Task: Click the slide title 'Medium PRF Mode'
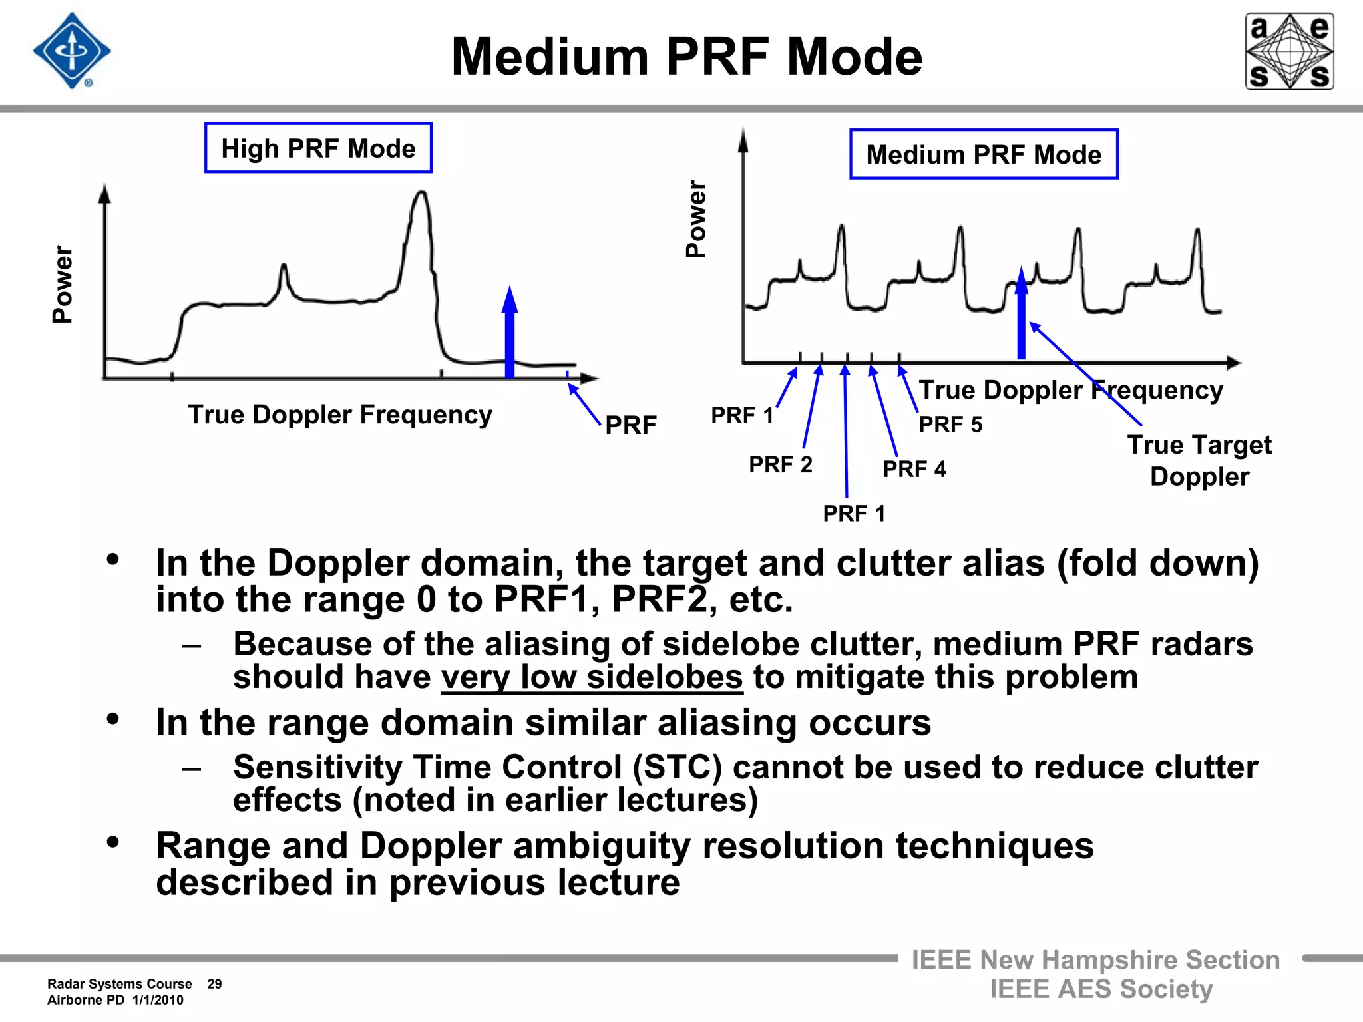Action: point(687,57)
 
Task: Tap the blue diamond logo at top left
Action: point(72,51)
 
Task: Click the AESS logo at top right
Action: point(1289,51)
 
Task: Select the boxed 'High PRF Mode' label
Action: point(318,148)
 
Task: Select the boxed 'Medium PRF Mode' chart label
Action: point(984,154)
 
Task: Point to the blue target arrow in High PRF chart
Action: point(510,333)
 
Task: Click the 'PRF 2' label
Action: point(781,464)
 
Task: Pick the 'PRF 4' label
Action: point(914,469)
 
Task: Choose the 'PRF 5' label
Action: point(950,425)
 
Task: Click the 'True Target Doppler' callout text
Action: point(1199,460)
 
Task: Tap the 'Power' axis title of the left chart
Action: point(63,284)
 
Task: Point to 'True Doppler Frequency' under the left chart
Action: point(340,415)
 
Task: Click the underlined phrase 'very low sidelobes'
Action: point(592,677)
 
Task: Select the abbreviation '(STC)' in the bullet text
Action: point(677,767)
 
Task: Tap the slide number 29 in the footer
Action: point(214,984)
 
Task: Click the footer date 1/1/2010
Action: point(158,1000)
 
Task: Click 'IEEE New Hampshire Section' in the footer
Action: point(1095,960)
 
